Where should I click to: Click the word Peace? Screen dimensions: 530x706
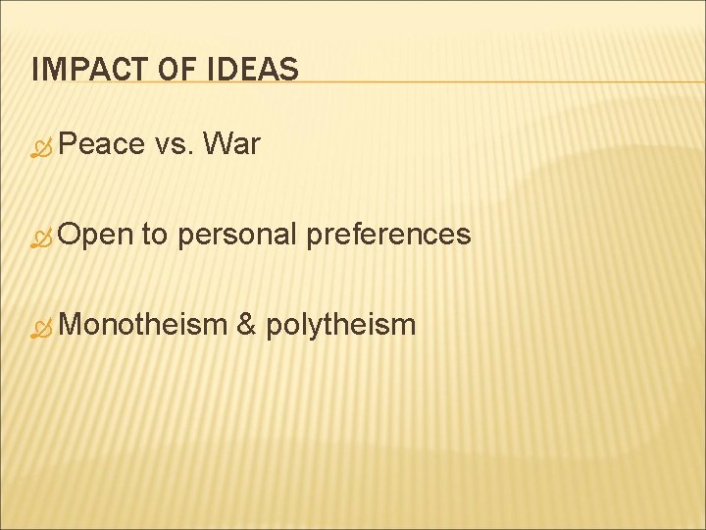pyautogui.click(x=100, y=145)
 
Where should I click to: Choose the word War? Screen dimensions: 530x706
pyautogui.click(x=231, y=145)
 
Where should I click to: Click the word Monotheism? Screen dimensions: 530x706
pyautogui.click(x=142, y=324)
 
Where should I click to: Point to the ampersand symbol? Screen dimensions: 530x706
pyautogui.click(x=247, y=324)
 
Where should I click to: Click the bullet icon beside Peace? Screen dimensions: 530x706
pyautogui.click(x=41, y=147)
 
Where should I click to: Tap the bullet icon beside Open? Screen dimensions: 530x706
pyautogui.click(x=41, y=237)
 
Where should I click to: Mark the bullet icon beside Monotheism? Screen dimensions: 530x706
pyautogui.click(x=41, y=326)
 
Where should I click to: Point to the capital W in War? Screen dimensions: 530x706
pyautogui.click(x=217, y=145)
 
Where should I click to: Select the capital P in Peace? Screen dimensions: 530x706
pyautogui.click(x=67, y=145)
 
